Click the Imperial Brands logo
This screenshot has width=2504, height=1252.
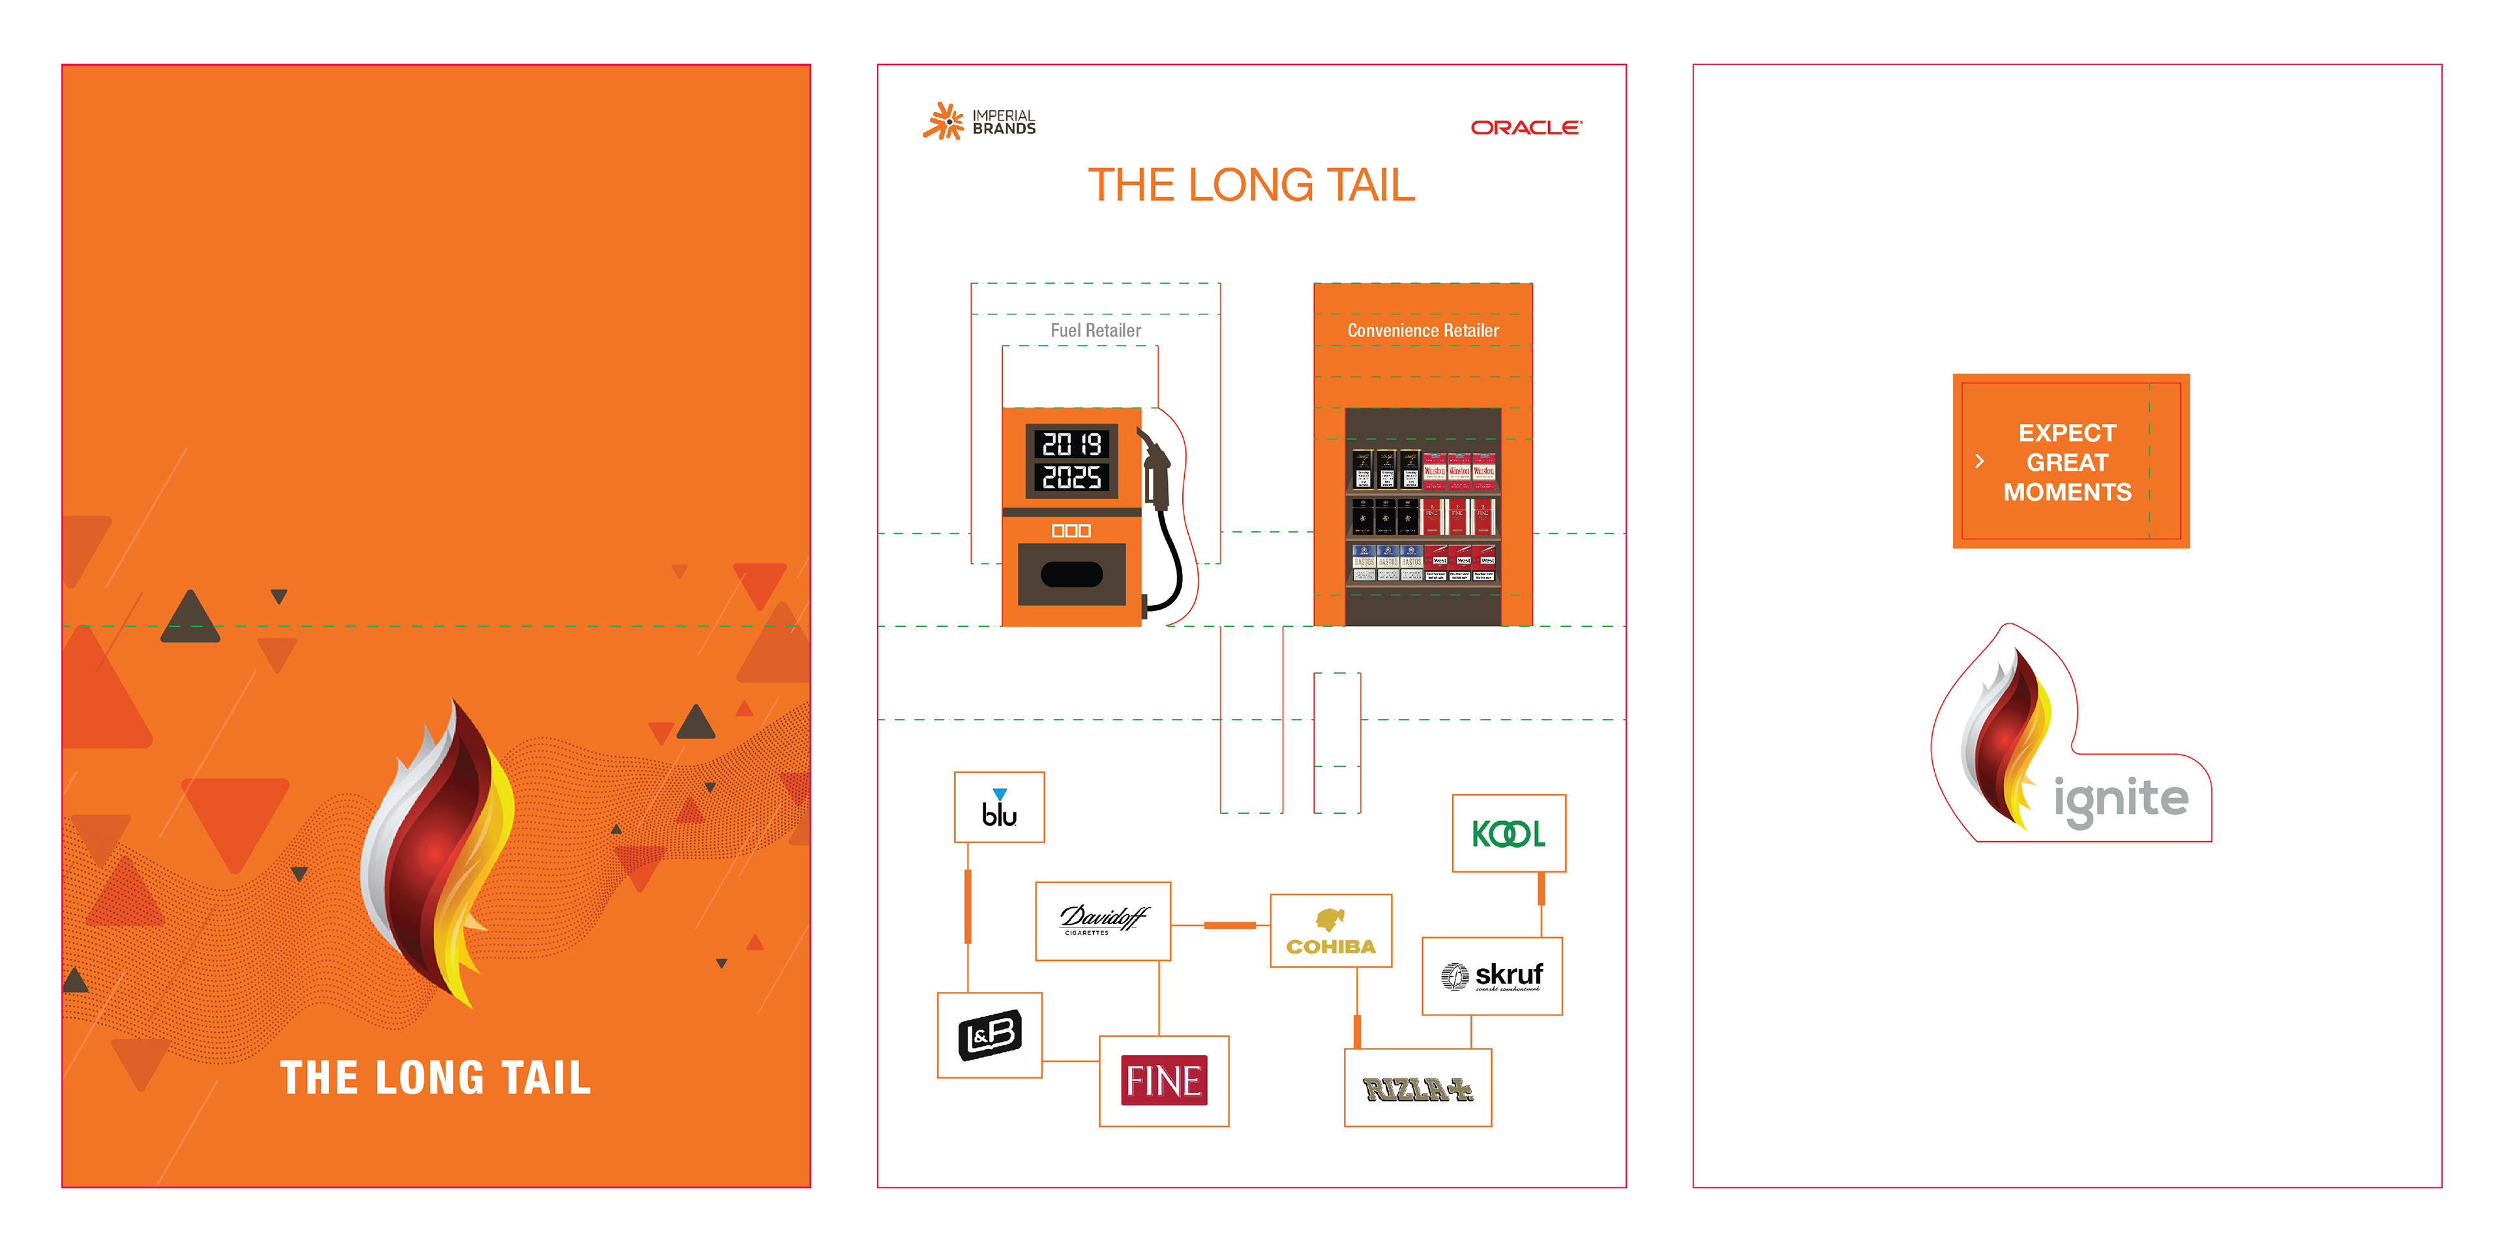[979, 121]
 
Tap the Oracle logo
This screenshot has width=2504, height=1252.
[1525, 127]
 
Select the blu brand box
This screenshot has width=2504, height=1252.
[999, 807]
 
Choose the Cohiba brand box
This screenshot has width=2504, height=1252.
[1331, 931]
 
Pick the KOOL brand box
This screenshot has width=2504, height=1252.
[1509, 833]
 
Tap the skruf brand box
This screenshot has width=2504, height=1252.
[1492, 976]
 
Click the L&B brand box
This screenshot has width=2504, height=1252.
[990, 1034]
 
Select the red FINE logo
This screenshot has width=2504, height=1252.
[1163, 1080]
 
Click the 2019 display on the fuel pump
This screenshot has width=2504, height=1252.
[1071, 444]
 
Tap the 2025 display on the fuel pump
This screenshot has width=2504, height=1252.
[1071, 477]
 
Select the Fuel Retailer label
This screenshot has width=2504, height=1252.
[1095, 331]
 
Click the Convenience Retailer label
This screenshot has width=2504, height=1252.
[1423, 331]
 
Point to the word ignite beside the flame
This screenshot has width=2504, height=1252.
[2121, 799]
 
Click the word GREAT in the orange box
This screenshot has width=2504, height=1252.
[2066, 463]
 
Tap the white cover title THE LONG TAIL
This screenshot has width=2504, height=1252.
[436, 1078]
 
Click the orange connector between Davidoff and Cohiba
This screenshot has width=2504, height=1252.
[1230, 925]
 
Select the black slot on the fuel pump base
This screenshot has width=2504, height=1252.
[1071, 574]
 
